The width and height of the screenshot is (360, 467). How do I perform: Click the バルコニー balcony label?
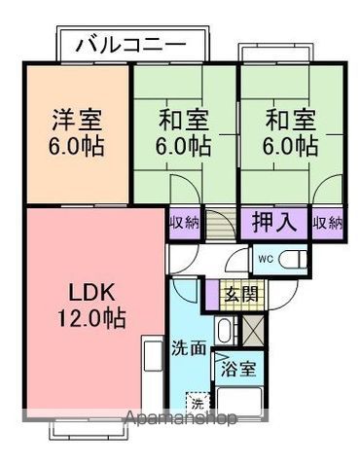(x=131, y=45)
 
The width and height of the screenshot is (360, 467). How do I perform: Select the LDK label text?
(x=92, y=293)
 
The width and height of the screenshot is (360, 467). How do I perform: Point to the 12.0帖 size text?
(x=91, y=318)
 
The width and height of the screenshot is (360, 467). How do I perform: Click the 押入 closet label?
(x=274, y=222)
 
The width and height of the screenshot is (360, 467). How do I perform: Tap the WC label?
(x=266, y=259)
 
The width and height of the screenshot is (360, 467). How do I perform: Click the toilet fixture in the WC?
(x=294, y=260)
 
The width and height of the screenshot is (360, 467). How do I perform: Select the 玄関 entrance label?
(x=241, y=295)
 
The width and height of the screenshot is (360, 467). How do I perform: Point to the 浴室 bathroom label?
(x=238, y=369)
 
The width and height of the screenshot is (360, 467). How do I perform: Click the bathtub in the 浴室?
(x=239, y=401)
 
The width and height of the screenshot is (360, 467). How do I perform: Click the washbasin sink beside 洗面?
(x=224, y=332)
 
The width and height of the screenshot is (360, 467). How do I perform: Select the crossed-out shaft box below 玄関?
(x=253, y=330)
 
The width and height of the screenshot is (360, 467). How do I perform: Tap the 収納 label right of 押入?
(x=328, y=223)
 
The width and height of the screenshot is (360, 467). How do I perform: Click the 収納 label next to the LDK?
(x=184, y=223)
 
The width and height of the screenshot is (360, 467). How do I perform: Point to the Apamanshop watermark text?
(x=181, y=417)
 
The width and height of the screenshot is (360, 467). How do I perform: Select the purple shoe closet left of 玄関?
(x=212, y=295)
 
